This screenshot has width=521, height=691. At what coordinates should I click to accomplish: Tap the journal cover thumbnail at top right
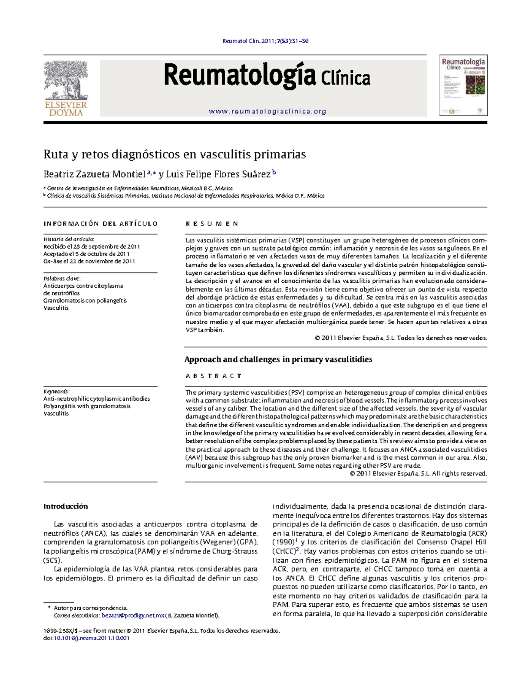pyautogui.click(x=463, y=85)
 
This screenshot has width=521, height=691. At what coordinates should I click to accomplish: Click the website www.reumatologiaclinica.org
pyautogui.click(x=267, y=111)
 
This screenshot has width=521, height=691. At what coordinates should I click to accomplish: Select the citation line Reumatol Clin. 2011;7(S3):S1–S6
pyautogui.click(x=265, y=41)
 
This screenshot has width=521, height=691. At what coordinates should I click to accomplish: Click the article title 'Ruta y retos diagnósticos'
pyautogui.click(x=175, y=154)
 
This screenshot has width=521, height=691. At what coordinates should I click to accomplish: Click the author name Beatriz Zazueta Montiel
pyautogui.click(x=94, y=175)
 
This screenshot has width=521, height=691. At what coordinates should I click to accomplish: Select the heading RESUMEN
pyautogui.click(x=212, y=224)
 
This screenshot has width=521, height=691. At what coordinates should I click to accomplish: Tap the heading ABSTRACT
pyautogui.click(x=214, y=376)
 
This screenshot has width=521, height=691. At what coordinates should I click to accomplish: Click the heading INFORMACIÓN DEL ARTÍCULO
pyautogui.click(x=100, y=224)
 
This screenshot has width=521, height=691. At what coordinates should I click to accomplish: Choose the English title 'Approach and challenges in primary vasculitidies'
pyautogui.click(x=278, y=359)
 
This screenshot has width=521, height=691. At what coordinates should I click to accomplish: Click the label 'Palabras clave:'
pyautogui.click(x=62, y=279)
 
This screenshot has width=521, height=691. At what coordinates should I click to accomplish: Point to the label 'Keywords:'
pyautogui.click(x=56, y=391)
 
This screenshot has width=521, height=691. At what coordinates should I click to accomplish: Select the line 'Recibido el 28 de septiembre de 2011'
pyautogui.click(x=92, y=246)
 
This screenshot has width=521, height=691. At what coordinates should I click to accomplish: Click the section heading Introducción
pyautogui.click(x=66, y=506)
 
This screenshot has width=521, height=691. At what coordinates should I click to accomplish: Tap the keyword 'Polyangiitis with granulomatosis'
pyautogui.click(x=87, y=406)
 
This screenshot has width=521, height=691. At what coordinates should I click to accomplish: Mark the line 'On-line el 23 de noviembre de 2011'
pyautogui.click(x=89, y=261)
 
